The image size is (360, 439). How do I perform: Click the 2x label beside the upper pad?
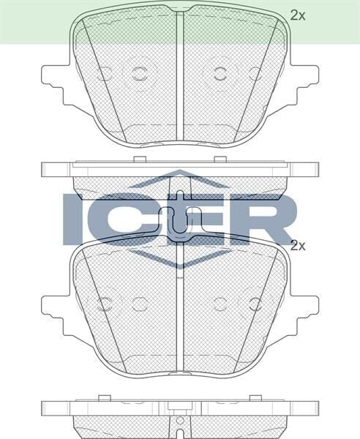point(296,14)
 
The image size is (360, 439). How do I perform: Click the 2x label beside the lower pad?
point(296,246)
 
